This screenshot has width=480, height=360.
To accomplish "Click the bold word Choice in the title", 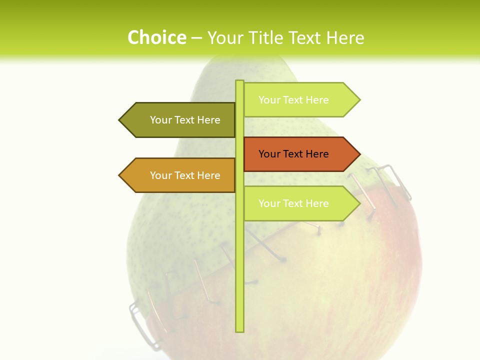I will click(x=156, y=37).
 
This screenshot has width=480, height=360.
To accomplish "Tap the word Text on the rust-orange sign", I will click(x=293, y=154).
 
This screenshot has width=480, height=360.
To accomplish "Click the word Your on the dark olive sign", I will click(x=161, y=120).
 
